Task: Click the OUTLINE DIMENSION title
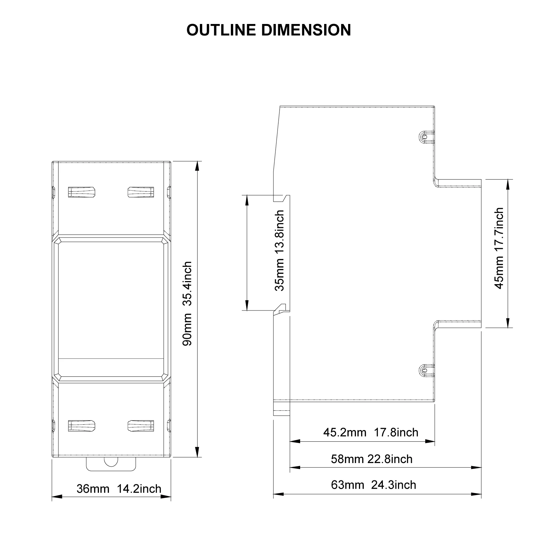point(268,30)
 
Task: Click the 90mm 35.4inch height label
point(188,304)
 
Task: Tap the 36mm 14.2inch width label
point(119,489)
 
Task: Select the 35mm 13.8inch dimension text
point(279,251)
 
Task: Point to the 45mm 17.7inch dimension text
point(499,249)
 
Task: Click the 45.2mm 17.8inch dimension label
point(371,432)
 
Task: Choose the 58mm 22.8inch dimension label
point(372,459)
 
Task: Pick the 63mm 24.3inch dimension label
point(374,485)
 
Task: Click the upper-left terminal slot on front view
point(82,192)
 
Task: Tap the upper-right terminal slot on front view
point(141,192)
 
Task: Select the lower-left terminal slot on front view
point(82,426)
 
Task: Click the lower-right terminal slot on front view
point(141,426)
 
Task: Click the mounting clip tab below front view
point(111,464)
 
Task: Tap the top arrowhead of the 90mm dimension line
point(198,166)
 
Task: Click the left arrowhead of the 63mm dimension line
point(278,494)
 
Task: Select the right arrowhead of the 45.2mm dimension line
point(430,442)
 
